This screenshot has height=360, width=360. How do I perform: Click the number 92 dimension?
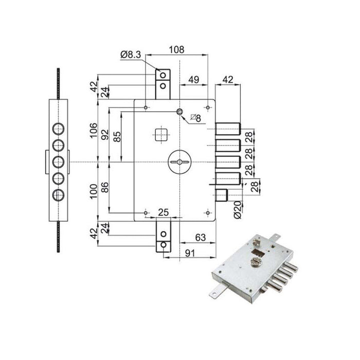[x=105, y=135]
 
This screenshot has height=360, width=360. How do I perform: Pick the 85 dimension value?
[x=117, y=137]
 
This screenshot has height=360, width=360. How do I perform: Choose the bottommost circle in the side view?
[x=58, y=195]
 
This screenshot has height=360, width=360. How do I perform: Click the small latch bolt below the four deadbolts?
[x=223, y=195]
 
